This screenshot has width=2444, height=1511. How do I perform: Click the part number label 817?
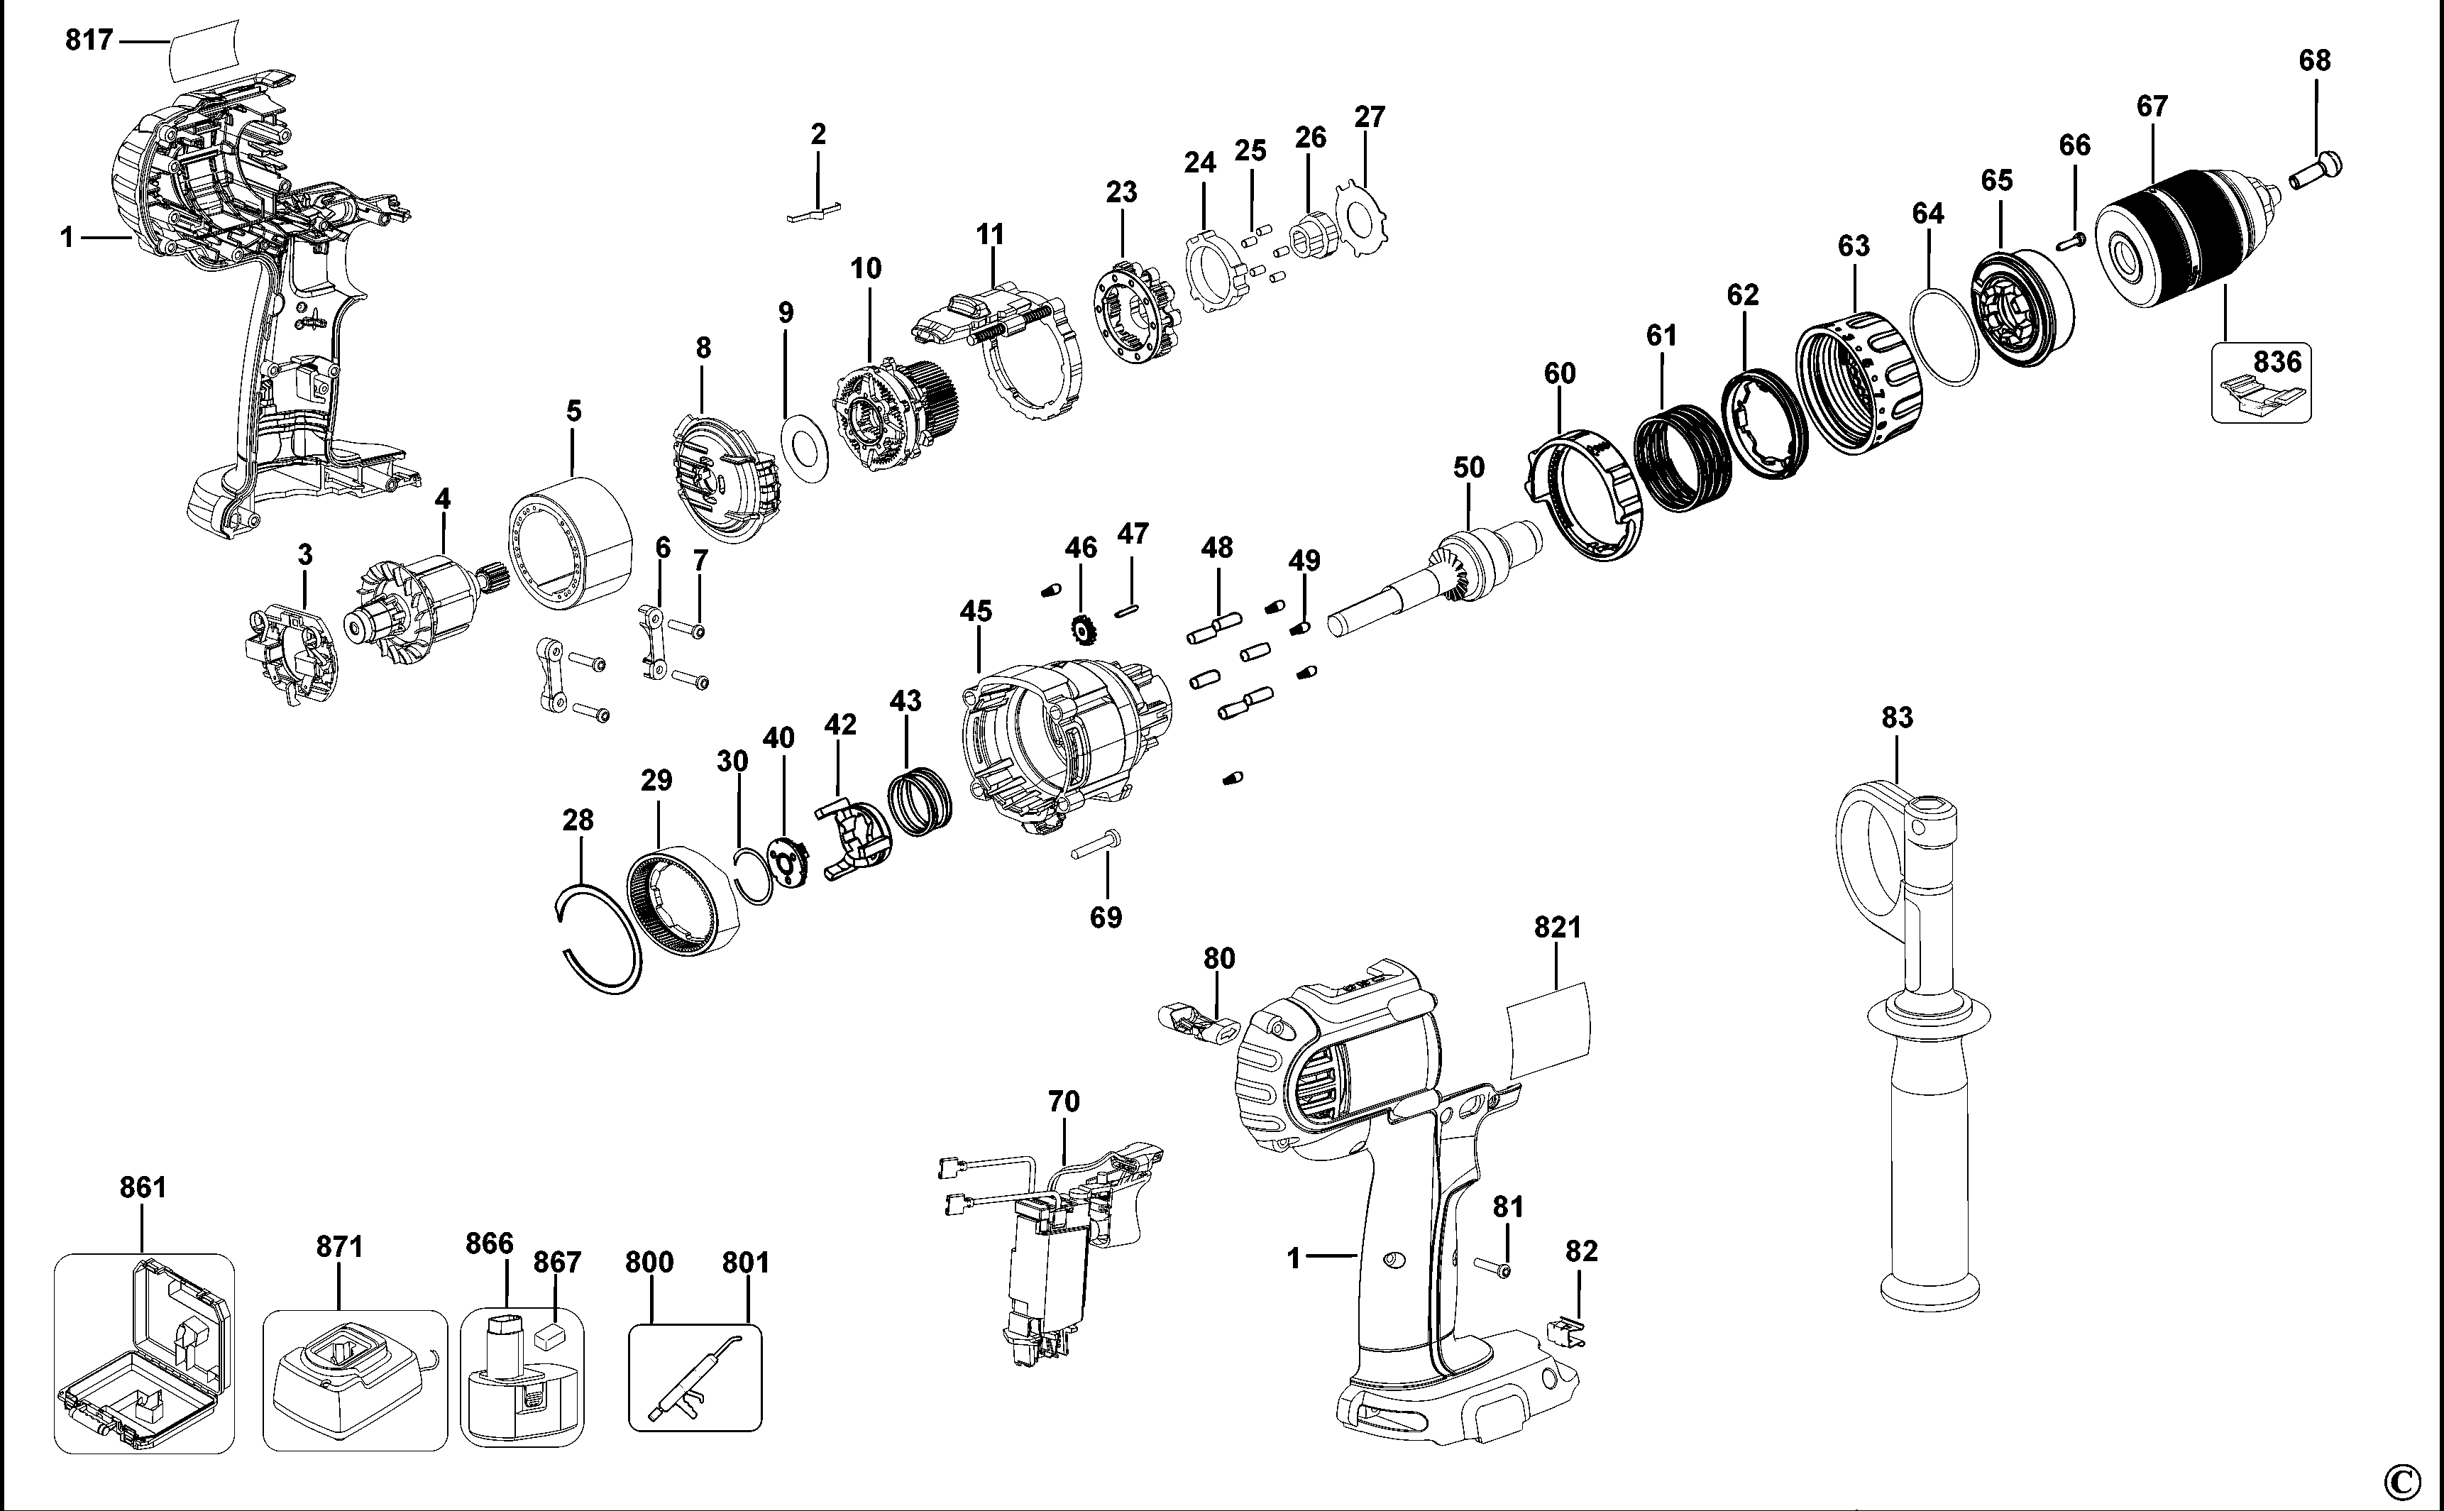click(x=89, y=41)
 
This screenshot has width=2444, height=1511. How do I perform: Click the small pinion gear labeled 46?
click(x=1082, y=630)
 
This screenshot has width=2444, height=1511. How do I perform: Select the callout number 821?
click(x=1558, y=928)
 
